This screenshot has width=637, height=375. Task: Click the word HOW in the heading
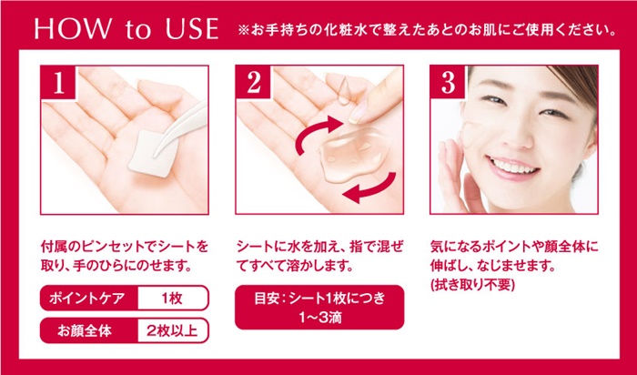[72, 28]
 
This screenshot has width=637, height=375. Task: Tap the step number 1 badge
[58, 82]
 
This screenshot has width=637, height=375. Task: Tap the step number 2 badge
[253, 82]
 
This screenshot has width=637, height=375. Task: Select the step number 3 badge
[448, 82]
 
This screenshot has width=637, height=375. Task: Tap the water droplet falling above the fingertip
[344, 90]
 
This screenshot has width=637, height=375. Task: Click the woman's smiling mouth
[513, 167]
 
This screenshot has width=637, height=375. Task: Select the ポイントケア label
[87, 299]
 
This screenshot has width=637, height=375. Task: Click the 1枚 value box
[173, 299]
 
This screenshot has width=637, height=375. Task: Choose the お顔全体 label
[84, 330]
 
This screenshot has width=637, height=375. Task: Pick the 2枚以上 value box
[173, 330]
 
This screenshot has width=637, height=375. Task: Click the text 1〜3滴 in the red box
[320, 318]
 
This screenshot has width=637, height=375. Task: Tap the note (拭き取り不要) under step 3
[472, 285]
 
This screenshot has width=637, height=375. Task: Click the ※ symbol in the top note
[243, 31]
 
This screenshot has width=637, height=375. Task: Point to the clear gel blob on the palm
[352, 155]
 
